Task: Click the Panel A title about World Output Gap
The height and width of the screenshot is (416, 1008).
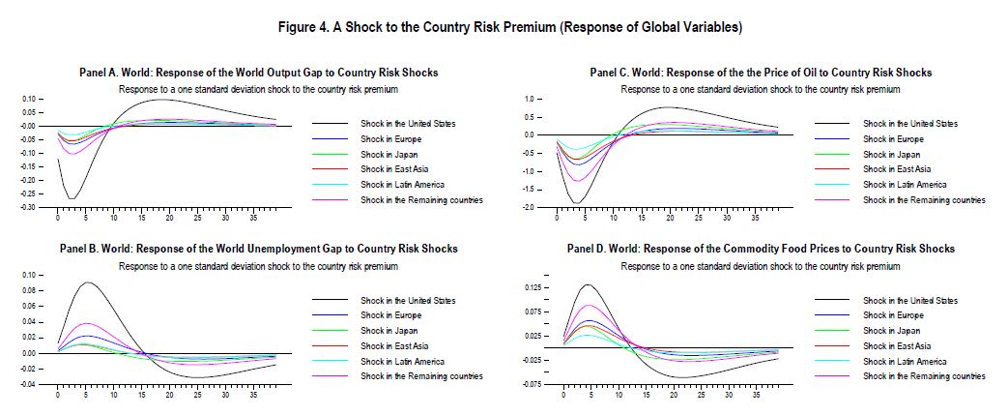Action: coord(258,73)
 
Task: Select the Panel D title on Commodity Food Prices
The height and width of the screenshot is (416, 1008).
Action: coord(761,249)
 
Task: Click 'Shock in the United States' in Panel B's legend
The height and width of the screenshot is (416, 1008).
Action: coord(408,301)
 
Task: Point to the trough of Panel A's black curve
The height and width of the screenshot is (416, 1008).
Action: coord(72,198)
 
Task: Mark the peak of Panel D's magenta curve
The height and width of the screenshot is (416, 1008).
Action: coord(589,306)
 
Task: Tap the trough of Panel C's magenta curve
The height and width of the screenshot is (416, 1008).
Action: coord(577,181)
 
